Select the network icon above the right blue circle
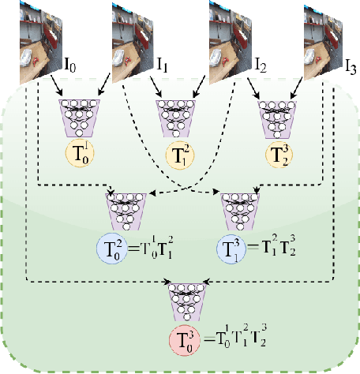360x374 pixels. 241,210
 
